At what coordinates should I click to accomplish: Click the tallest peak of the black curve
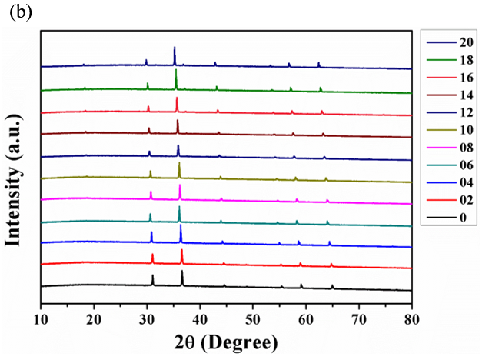182,272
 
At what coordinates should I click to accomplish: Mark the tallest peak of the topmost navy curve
175,48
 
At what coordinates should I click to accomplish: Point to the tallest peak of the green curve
176,71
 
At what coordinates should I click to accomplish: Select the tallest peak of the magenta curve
180,186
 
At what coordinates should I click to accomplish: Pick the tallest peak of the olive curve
179,164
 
